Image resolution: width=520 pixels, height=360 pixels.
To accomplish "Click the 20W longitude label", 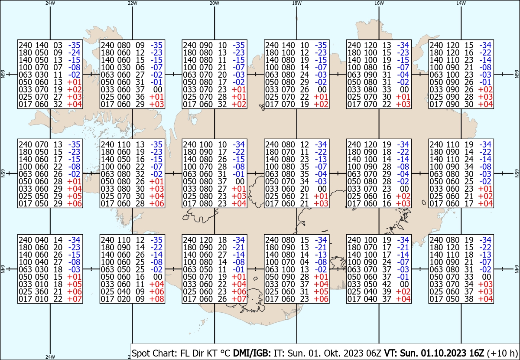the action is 214,3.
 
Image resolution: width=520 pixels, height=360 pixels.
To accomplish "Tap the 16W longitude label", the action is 379,3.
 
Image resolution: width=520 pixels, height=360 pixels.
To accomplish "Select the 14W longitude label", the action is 461,3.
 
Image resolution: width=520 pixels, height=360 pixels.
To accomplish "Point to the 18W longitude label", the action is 297,3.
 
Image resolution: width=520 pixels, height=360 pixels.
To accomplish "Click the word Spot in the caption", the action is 141,353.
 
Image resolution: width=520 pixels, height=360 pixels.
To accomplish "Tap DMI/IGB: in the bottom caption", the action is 252,353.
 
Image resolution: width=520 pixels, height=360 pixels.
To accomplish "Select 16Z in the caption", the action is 477,353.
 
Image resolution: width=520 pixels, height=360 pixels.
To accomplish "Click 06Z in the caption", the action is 374,353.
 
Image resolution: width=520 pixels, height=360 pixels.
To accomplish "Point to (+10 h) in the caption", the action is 502,353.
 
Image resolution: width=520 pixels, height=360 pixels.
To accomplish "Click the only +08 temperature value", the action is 156,299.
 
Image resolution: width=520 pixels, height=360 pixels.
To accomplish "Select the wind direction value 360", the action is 42,291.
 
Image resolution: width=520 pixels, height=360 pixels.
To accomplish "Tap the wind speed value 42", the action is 387,284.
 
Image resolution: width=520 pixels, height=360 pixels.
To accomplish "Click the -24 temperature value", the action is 74,52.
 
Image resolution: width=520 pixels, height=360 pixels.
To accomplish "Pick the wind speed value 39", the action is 387,291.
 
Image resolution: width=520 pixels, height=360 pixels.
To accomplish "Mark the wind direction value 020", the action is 124,299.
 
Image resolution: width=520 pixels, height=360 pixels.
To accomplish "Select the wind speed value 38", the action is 469,299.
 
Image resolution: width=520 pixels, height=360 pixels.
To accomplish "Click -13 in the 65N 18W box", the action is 321,159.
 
